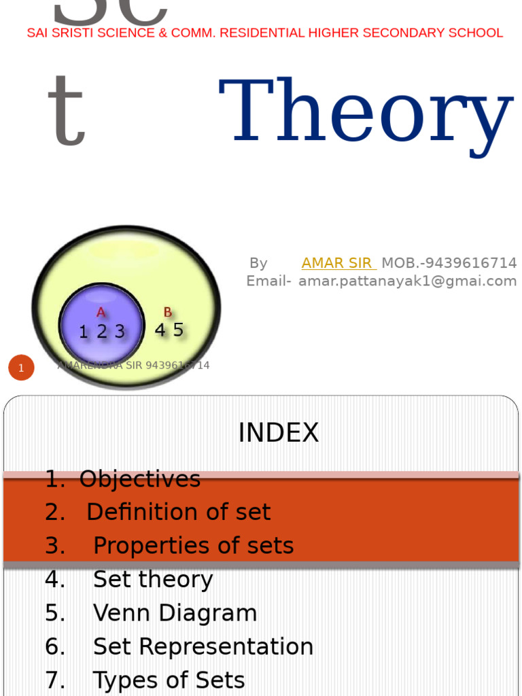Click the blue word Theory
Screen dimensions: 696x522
(x=365, y=113)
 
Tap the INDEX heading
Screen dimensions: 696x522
(x=278, y=433)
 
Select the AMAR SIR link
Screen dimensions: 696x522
(x=338, y=263)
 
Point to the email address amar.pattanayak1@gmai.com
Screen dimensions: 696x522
(x=407, y=281)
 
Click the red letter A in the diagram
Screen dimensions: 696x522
(x=101, y=313)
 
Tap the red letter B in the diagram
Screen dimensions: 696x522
(x=167, y=313)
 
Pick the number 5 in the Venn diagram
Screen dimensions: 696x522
(x=178, y=330)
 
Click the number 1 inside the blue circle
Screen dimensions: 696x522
(x=84, y=332)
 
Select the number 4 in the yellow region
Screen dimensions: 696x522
(x=160, y=330)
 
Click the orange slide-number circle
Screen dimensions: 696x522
(x=21, y=368)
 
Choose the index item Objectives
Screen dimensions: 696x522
(x=139, y=479)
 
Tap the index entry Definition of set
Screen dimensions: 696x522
(x=178, y=512)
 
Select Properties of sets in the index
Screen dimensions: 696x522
(x=193, y=545)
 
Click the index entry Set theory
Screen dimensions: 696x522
(x=153, y=579)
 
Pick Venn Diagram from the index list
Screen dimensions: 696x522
(x=175, y=613)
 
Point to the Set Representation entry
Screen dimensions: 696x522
(x=203, y=646)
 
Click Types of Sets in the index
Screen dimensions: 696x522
(x=169, y=680)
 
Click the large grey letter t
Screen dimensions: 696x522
(x=66, y=113)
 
